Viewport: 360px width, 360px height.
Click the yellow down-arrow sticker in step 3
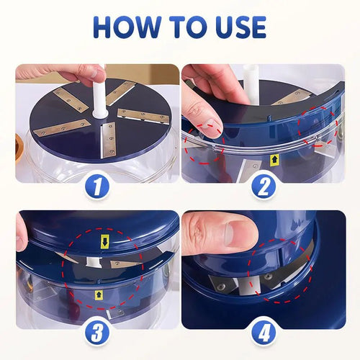[x=104, y=242]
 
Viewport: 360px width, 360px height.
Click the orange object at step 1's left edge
[x=19, y=136]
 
